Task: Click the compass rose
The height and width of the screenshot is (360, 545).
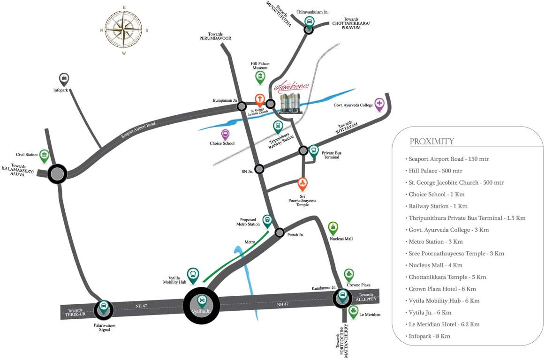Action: [x=123, y=29]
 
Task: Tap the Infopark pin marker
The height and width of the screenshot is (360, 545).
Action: [x=64, y=79]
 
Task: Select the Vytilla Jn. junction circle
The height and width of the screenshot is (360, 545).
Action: [x=201, y=306]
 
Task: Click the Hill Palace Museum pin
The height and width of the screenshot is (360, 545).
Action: [x=260, y=77]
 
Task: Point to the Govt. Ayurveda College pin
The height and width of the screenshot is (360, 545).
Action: [x=379, y=105]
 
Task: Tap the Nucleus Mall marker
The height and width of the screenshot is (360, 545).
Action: [x=333, y=228]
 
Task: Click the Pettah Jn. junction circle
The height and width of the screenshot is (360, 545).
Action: [x=280, y=232]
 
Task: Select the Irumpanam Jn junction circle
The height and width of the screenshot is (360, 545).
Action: [x=242, y=106]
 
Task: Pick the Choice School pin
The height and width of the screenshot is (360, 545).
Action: [x=226, y=135]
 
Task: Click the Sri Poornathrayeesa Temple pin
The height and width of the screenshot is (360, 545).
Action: [x=303, y=184]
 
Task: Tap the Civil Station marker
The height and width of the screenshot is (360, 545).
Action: [x=44, y=156]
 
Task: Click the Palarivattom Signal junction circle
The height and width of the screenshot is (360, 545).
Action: [x=103, y=309]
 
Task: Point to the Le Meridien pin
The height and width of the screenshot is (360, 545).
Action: [x=353, y=312]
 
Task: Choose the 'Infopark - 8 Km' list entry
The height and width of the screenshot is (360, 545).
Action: [x=429, y=336]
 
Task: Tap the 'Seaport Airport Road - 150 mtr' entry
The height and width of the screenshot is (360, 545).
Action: [x=448, y=159]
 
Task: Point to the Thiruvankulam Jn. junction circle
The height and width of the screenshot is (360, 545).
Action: [x=309, y=30]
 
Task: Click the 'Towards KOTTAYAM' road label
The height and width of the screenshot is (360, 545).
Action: [x=347, y=127]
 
